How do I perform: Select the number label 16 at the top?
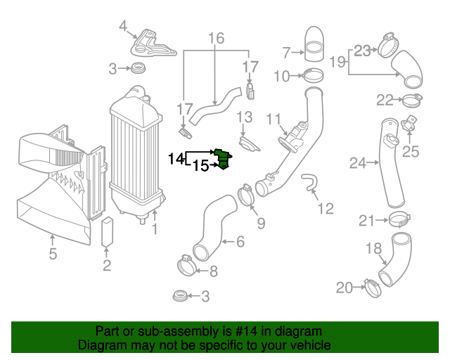tap(216, 38)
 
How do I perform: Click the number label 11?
tap(274, 117)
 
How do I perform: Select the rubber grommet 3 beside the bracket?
tap(137, 69)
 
